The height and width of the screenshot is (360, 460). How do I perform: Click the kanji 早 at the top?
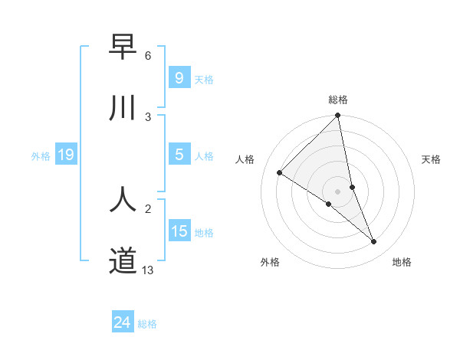pyautogui.click(x=123, y=47)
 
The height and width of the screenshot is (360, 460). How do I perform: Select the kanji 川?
pyautogui.click(x=123, y=108)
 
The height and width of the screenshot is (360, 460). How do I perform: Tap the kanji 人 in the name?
pyautogui.click(x=123, y=199)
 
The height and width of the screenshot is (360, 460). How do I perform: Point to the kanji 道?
pyautogui.click(x=123, y=260)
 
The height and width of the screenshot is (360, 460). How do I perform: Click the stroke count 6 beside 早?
pyautogui.click(x=148, y=56)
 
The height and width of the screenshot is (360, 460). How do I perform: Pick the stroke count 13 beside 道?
pyautogui.click(x=148, y=270)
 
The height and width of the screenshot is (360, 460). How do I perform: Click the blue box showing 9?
pyautogui.click(x=179, y=78)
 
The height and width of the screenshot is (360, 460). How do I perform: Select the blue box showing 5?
pyautogui.click(x=179, y=155)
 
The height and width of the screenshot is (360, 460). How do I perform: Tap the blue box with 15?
pyautogui.click(x=179, y=231)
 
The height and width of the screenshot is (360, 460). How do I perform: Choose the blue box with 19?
pyautogui.click(x=65, y=155)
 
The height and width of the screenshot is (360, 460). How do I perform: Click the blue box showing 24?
pyautogui.click(x=122, y=322)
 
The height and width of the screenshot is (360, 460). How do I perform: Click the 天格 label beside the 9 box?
pyautogui.click(x=204, y=79)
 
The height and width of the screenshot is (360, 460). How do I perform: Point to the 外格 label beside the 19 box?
pyautogui.click(x=41, y=156)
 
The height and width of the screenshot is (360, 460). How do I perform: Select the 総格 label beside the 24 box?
pyautogui.click(x=147, y=324)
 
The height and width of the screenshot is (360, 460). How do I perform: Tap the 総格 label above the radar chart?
pyautogui.click(x=338, y=100)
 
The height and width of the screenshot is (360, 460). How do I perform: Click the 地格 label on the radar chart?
pyautogui.click(x=402, y=262)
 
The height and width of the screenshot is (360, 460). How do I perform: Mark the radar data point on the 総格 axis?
pyautogui.click(x=338, y=116)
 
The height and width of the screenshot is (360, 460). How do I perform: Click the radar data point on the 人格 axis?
pyautogui.click(x=280, y=172)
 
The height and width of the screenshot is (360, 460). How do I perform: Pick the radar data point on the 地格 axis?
pyautogui.click(x=374, y=242)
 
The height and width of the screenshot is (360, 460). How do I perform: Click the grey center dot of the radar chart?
pyautogui.click(x=338, y=191)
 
